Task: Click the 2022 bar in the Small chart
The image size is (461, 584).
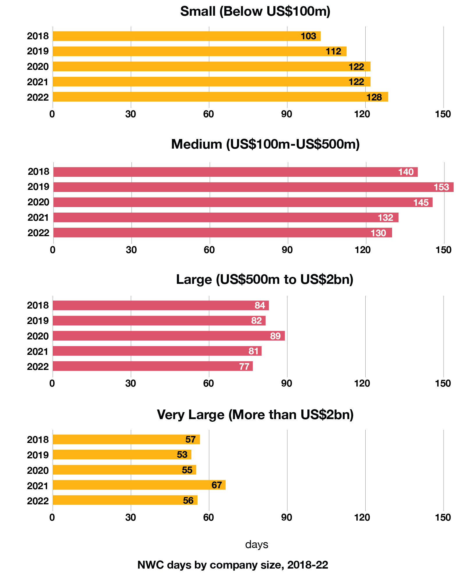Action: click(x=220, y=97)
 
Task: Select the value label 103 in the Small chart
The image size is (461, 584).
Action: click(x=308, y=36)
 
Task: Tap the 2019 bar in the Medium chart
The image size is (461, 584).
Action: click(x=253, y=187)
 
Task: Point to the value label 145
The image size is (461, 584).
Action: click(x=421, y=202)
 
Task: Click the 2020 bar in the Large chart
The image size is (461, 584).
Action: click(x=169, y=336)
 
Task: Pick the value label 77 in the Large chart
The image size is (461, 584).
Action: click(x=244, y=366)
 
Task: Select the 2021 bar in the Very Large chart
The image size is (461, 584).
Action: click(x=139, y=485)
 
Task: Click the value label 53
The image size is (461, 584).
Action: click(x=182, y=455)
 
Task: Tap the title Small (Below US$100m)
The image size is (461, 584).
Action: click(x=255, y=12)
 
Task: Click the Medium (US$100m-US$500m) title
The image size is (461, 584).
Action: click(x=265, y=144)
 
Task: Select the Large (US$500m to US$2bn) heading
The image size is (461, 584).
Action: click(x=265, y=279)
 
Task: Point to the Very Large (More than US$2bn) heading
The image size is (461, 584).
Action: click(x=255, y=414)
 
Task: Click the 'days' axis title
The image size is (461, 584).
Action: click(x=257, y=544)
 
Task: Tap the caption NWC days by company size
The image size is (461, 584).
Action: click(x=233, y=565)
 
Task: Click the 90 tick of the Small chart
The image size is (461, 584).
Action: click(x=287, y=114)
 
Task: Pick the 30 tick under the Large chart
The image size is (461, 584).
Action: click(x=131, y=384)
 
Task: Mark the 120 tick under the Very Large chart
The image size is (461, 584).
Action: click(x=362, y=517)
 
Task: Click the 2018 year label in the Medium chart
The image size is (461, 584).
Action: click(x=38, y=172)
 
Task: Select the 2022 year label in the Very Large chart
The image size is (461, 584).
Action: click(x=38, y=501)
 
